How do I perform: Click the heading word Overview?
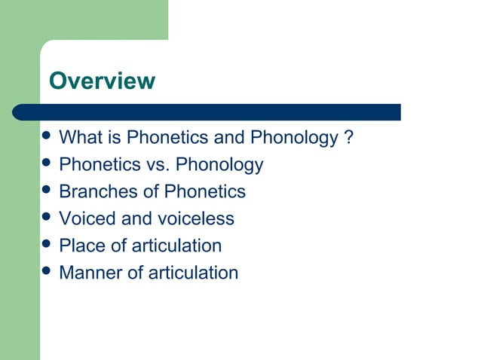(x=102, y=81)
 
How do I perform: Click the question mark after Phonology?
(x=348, y=138)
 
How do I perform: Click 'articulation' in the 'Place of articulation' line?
(x=176, y=246)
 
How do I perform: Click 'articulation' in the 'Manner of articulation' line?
(x=193, y=273)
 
